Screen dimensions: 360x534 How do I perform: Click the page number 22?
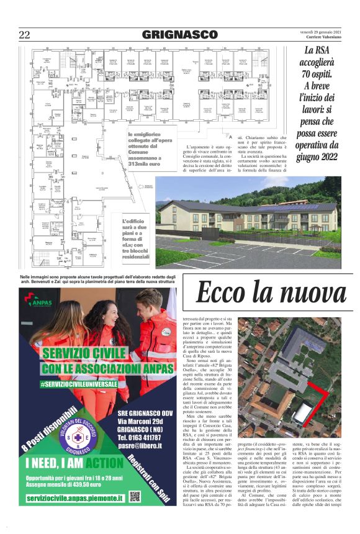point(25,35)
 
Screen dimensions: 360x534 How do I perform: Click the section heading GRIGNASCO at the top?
point(179,35)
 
